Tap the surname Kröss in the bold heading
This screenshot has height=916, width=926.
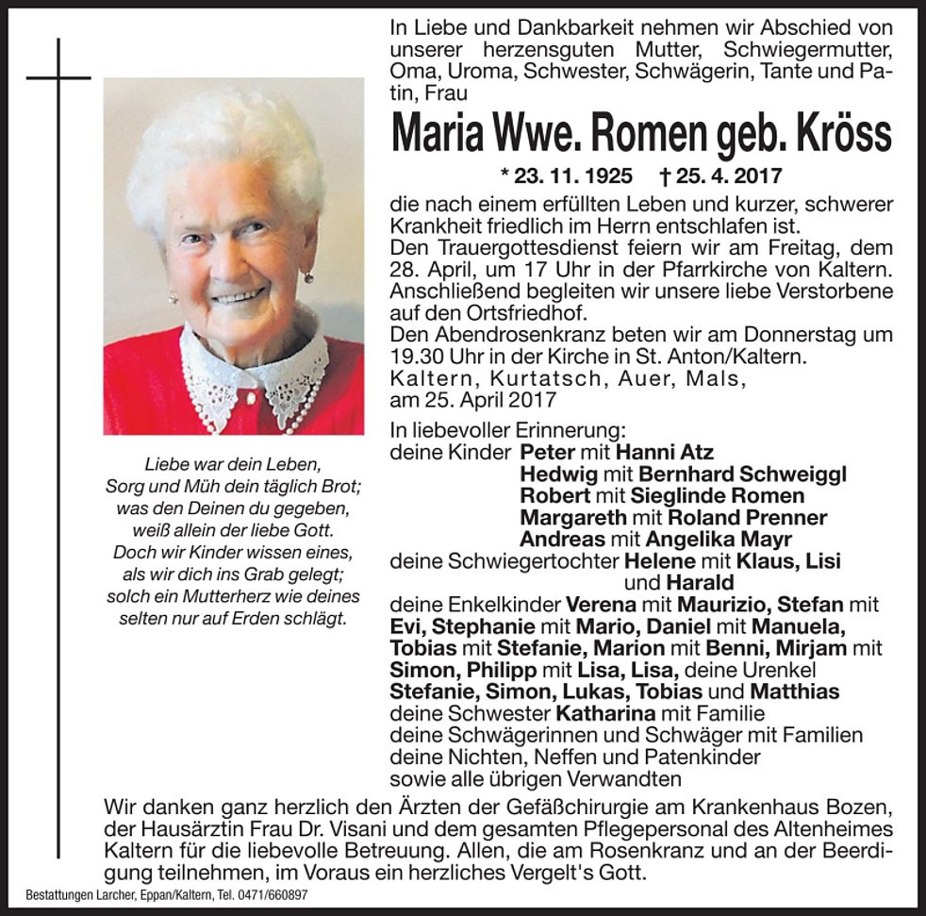(x=839, y=133)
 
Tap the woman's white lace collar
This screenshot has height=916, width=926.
(x=255, y=373)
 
